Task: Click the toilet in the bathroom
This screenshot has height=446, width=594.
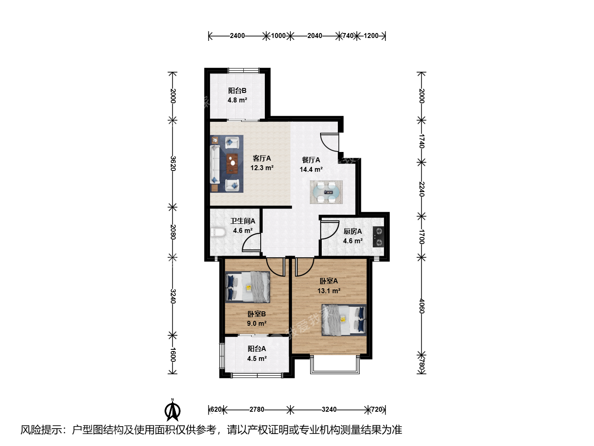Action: tap(218, 232)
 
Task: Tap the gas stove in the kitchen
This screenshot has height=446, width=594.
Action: tap(378, 237)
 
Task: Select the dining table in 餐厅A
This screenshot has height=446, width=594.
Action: tap(326, 192)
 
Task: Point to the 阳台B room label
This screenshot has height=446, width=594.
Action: tap(237, 90)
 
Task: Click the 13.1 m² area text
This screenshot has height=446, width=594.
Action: tap(329, 291)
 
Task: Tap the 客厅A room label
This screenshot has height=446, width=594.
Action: tap(262, 158)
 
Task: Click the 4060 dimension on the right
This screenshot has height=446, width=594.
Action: tap(422, 306)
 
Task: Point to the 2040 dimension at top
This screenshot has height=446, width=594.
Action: tap(315, 36)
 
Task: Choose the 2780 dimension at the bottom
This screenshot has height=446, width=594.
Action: tap(257, 409)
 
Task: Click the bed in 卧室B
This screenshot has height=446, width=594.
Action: tap(247, 287)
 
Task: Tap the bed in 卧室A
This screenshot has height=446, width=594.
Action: tap(344, 320)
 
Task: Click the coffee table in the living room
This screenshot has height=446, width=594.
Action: tap(232, 164)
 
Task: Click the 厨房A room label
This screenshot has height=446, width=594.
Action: tap(353, 231)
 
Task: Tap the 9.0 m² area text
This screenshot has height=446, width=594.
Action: tap(257, 323)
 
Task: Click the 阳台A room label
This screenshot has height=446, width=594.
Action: tap(257, 349)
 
